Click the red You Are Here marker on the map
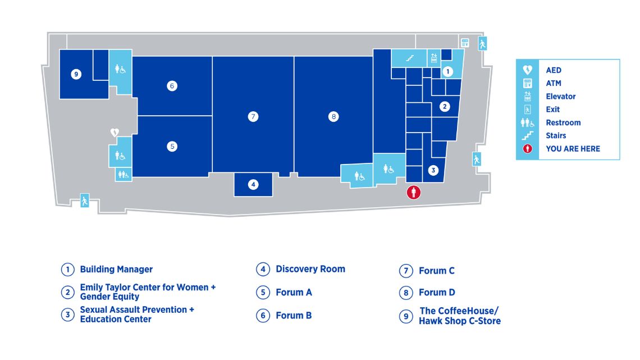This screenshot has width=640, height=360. pyautogui.click(x=413, y=192)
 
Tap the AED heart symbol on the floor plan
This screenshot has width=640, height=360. pyautogui.click(x=115, y=132)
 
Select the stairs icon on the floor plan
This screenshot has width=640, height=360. pyautogui.click(x=410, y=58)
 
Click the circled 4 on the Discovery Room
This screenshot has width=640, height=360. pyautogui.click(x=253, y=184)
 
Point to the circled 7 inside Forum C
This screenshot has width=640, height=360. pyautogui.click(x=253, y=117)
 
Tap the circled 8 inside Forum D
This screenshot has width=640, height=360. pyautogui.click(x=333, y=117)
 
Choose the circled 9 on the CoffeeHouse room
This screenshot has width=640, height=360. pyautogui.click(x=76, y=74)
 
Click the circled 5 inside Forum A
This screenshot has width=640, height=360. pyautogui.click(x=172, y=146)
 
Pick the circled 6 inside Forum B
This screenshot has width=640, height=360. pyautogui.click(x=172, y=86)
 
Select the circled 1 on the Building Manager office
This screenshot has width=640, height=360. pyautogui.click(x=448, y=72)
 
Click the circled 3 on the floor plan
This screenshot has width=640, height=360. pyautogui.click(x=433, y=170)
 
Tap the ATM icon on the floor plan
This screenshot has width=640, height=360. pyautogui.click(x=465, y=43)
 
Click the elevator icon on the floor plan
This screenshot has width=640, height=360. pyautogui.click(x=434, y=58)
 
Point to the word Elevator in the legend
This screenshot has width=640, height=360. pyautogui.click(x=561, y=97)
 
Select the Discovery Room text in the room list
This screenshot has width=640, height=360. pyautogui.click(x=310, y=269)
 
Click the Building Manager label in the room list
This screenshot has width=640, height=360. pyautogui.click(x=116, y=270)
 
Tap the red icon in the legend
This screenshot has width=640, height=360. pyautogui.click(x=527, y=149)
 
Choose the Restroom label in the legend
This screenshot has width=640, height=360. pyautogui.click(x=563, y=122)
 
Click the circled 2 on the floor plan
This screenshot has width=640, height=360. pyautogui.click(x=445, y=107)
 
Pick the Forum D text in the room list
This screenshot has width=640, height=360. pyautogui.click(x=437, y=293)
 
